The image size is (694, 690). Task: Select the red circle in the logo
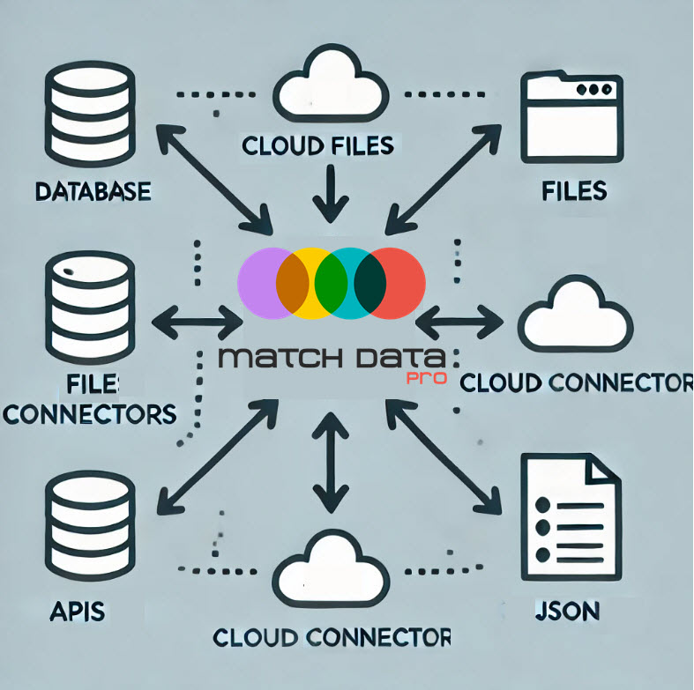(392, 284)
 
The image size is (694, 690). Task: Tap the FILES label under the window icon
(575, 189)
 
